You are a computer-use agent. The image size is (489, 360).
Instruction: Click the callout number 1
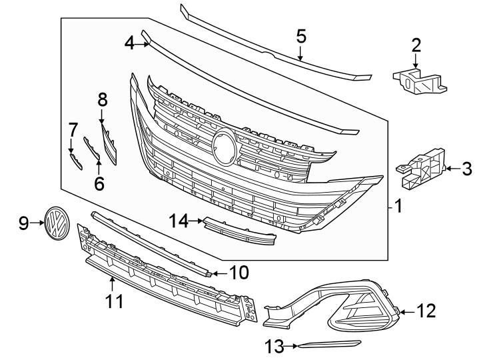398,207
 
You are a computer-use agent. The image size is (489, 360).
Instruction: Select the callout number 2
416,45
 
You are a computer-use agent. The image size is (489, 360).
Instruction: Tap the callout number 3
466,169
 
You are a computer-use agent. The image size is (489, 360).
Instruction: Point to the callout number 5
301,36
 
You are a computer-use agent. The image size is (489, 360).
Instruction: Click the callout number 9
23,223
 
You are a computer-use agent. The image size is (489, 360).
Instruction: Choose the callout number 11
115,301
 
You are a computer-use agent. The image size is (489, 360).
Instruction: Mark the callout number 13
273,345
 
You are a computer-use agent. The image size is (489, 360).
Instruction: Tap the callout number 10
238,272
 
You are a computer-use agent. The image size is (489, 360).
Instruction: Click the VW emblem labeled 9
58,223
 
